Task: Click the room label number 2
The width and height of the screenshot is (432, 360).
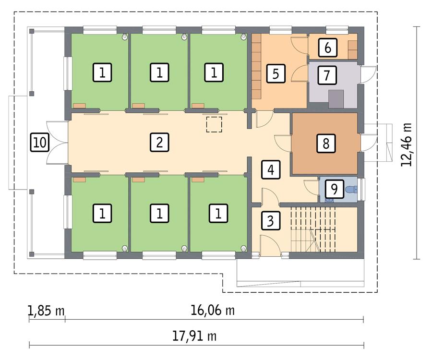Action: (x=159, y=143)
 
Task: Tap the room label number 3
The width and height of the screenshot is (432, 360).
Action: (x=271, y=220)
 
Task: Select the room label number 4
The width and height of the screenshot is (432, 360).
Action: (x=271, y=169)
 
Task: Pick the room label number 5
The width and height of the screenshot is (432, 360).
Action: (x=276, y=73)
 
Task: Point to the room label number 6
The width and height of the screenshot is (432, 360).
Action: (x=327, y=48)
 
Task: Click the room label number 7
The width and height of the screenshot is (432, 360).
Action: (x=327, y=75)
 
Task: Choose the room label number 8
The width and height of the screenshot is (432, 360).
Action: (x=326, y=143)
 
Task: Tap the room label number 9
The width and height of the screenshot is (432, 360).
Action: (x=334, y=189)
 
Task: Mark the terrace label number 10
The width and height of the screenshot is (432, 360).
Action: (x=40, y=143)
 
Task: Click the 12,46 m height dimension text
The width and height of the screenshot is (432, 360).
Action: (x=407, y=144)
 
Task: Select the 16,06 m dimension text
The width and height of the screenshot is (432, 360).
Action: (x=213, y=311)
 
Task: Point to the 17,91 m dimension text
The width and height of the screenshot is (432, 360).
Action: (x=194, y=336)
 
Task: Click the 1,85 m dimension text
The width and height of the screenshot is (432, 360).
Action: (x=46, y=311)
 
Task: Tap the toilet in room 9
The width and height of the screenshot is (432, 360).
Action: (x=351, y=189)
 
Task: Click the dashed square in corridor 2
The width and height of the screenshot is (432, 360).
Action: (x=214, y=124)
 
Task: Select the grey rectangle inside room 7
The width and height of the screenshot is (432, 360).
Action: (x=336, y=99)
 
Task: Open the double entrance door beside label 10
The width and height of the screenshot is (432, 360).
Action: (x=57, y=143)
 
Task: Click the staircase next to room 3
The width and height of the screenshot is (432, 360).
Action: (x=313, y=229)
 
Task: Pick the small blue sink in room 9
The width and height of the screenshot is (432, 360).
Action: (x=329, y=200)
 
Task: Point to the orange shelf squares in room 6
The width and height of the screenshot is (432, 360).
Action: (x=353, y=50)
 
